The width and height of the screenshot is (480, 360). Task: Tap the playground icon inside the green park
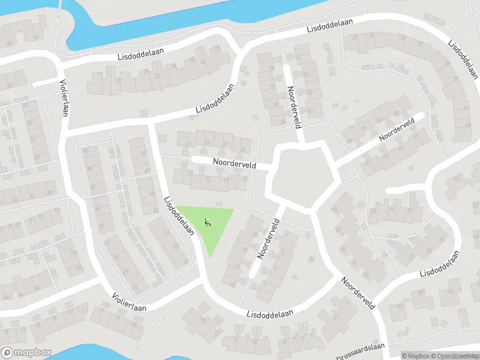[208, 223]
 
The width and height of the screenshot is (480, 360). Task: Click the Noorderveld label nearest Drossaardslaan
[358, 293]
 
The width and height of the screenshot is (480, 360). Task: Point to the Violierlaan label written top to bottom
[62, 99]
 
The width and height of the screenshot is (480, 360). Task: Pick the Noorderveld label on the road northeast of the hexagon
[397, 130]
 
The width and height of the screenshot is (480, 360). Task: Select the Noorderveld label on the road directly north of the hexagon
[294, 107]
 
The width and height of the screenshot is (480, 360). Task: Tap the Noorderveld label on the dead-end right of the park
[269, 238]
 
